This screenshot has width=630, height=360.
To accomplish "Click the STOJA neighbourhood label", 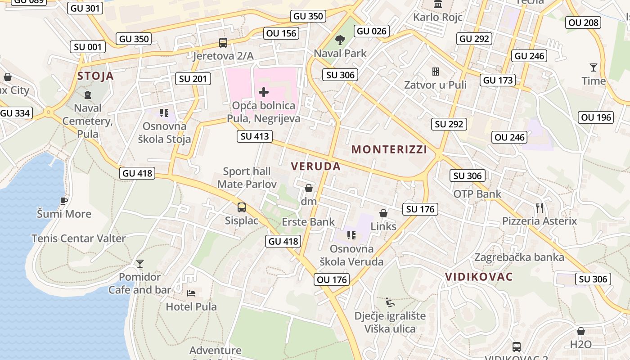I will coord(95,76).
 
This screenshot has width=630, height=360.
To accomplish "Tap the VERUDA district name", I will coord(315,166).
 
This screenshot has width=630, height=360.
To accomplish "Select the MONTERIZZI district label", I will coord(389,149).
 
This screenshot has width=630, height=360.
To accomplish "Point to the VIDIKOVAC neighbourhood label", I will coord(479,277).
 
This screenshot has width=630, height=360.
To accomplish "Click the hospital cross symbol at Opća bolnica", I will coord(264,93).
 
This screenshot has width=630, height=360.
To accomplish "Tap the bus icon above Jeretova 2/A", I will coord(223,43).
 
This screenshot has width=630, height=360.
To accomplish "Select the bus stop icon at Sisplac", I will coord(242,207).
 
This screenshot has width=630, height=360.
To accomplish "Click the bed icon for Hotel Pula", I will coord(191,293).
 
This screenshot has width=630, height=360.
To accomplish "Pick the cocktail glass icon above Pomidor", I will coord(140,263).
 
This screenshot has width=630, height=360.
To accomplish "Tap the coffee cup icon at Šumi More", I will coord(64,201).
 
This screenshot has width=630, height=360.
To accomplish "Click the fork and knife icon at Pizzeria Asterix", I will coord(540,208).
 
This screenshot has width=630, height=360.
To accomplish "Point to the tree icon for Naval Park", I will coord(340,40).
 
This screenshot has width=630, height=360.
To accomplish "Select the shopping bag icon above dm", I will coord(309,188).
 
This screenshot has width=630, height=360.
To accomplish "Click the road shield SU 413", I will coord(255,136).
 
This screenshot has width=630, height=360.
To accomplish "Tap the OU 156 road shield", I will coord(281,33).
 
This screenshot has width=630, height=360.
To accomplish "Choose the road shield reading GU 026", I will coord(371,31).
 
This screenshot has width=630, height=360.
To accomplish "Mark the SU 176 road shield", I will coord(420,209).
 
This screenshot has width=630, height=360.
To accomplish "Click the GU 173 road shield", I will coord(498,81).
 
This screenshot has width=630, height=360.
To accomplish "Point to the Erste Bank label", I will coord(308,222).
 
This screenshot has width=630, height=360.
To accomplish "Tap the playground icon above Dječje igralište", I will coord(390,302).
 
